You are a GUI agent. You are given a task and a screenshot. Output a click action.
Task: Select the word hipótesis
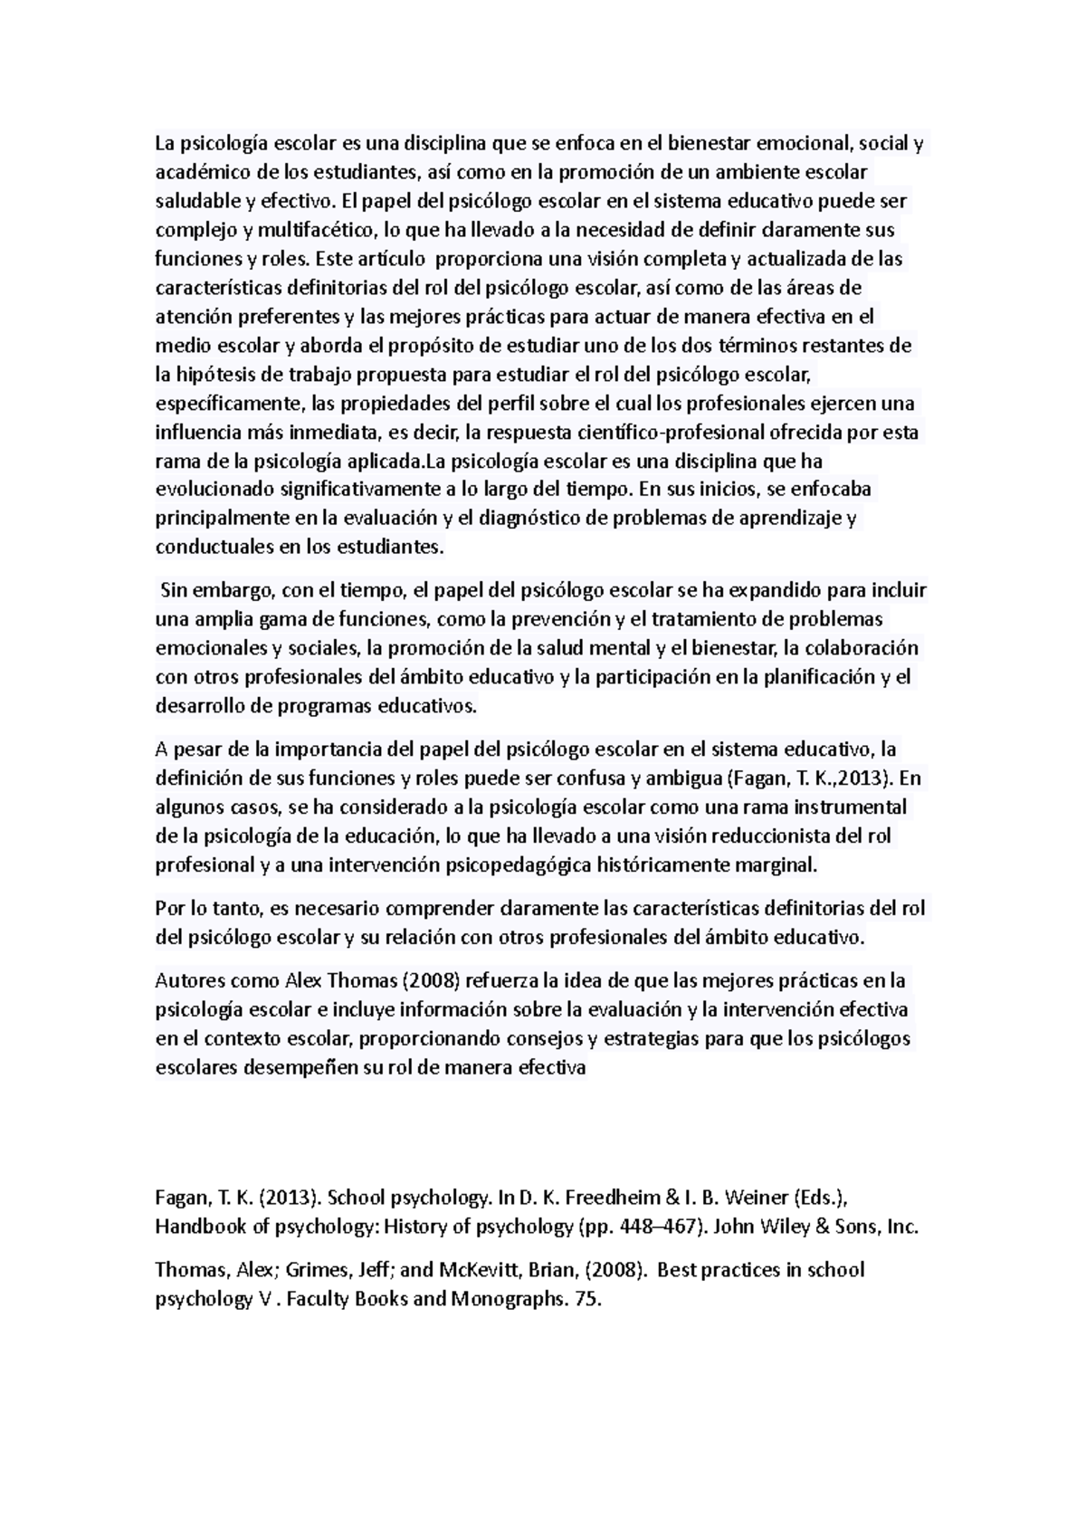(x=211, y=374)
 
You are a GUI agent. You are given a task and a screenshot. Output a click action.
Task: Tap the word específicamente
(x=230, y=403)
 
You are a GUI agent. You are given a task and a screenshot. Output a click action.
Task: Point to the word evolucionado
(x=214, y=490)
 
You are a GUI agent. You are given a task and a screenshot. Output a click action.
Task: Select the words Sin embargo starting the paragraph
(x=214, y=591)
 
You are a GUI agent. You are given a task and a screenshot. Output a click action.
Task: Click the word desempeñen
(x=300, y=1067)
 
